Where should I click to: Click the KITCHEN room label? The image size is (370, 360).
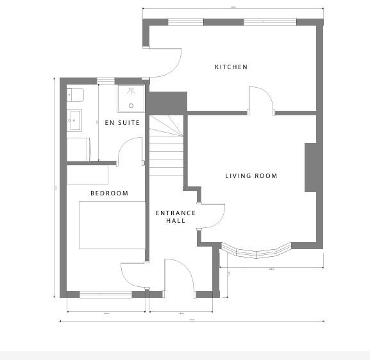[x=231, y=67]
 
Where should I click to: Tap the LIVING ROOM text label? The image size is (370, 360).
[x=251, y=176]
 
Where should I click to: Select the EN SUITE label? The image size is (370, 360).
[x=122, y=123]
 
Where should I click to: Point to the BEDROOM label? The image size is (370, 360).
[x=109, y=193]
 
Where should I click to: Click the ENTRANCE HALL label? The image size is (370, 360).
[x=176, y=217]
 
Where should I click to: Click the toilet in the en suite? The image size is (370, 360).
[x=76, y=95]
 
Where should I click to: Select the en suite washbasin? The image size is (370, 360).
[x=75, y=119]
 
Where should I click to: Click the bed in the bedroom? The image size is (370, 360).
[x=112, y=225]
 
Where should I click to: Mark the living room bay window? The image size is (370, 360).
[x=256, y=251]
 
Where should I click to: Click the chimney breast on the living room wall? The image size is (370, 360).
[x=310, y=167]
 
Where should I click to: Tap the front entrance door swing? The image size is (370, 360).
[x=180, y=275]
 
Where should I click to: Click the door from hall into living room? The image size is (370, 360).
[x=212, y=216]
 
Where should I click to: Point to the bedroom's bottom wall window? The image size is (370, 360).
[x=106, y=294]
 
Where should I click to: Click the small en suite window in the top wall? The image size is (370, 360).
[x=106, y=81]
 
